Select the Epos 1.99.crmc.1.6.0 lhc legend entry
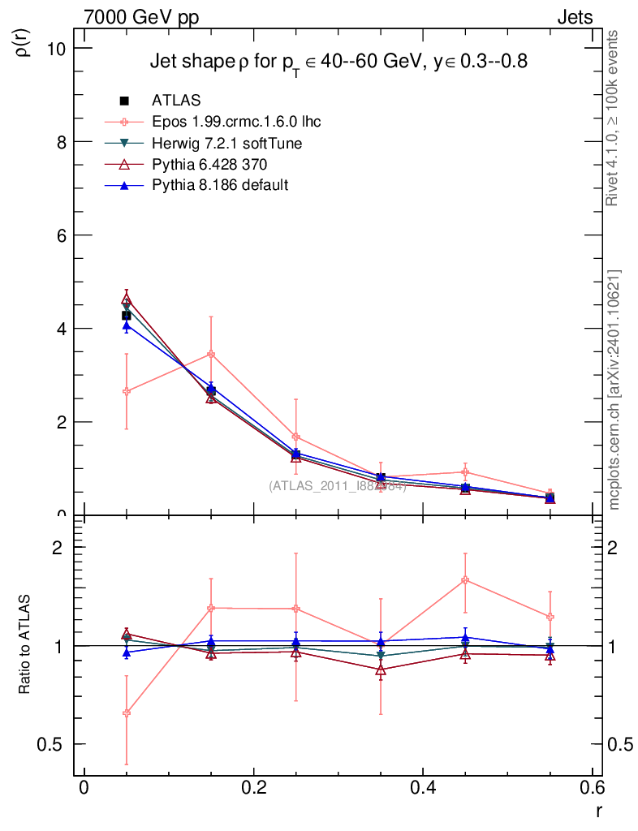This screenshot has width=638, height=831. coord(236,122)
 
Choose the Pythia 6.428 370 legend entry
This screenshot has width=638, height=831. coord(209,164)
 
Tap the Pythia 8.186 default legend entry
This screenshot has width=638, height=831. coord(220,185)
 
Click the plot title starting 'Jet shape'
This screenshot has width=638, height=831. coord(339,62)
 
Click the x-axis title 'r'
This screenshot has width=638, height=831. coord(598,811)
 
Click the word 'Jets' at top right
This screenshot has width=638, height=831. coord(574,17)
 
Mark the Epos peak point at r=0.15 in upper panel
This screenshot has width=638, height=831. coord(211,354)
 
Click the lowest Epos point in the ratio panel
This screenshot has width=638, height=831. coord(126,713)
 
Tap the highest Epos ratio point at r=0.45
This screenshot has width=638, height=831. coord(465,580)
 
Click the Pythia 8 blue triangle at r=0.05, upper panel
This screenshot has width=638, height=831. coord(126,325)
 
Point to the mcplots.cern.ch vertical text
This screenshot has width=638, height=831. coord(614,390)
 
